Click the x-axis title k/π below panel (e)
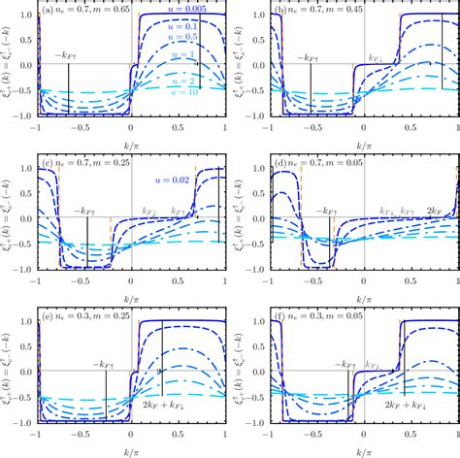pos(132,450)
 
